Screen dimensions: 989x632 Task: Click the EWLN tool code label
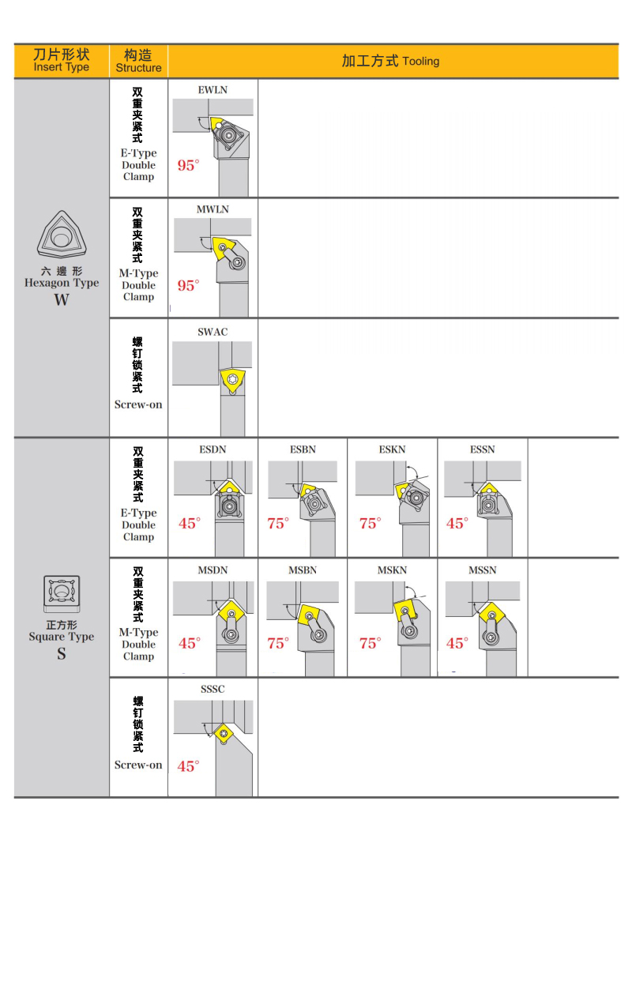(213, 90)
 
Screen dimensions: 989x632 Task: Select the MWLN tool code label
(213, 209)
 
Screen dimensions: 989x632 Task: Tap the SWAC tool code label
(213, 332)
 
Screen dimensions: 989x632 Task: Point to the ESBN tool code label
(303, 449)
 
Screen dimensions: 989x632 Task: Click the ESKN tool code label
(392, 449)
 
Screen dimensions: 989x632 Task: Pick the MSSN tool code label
(482, 570)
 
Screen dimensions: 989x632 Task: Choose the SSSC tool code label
(213, 689)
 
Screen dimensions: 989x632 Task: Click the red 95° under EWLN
(189, 165)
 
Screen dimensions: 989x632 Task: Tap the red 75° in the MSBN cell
(278, 643)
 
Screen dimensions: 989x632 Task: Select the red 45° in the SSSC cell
(189, 766)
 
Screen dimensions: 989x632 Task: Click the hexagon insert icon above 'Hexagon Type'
(61, 235)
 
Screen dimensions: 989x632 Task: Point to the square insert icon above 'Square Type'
(61, 595)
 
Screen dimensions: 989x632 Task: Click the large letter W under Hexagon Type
(61, 300)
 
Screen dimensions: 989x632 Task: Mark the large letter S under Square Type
(61, 654)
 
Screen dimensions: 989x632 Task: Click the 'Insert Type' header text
(61, 68)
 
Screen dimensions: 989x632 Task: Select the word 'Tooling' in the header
(420, 62)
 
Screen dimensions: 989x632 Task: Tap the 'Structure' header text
(138, 68)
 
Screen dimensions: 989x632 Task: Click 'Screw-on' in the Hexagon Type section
(138, 404)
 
